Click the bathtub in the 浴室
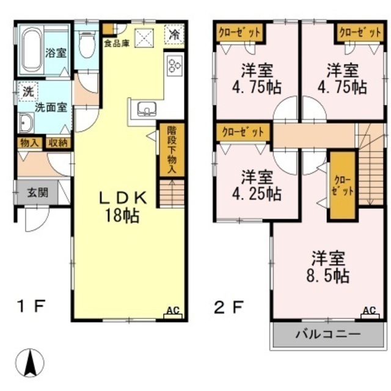click(x=32, y=51)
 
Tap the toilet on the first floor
click(x=87, y=44)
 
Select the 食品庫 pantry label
click(x=117, y=44)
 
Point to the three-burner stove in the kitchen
click(x=174, y=65)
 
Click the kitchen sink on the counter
click(x=147, y=109)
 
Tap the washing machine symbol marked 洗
click(x=28, y=92)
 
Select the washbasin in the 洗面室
click(x=26, y=123)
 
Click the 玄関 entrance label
click(x=38, y=192)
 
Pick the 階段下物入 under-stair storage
click(x=172, y=150)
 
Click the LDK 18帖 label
click(x=122, y=206)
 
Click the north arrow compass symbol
click(x=30, y=363)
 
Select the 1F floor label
click(x=31, y=306)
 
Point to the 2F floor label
click(x=228, y=307)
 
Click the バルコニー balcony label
click(x=329, y=334)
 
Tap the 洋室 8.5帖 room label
click(x=328, y=267)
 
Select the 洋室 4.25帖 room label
click(x=257, y=185)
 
